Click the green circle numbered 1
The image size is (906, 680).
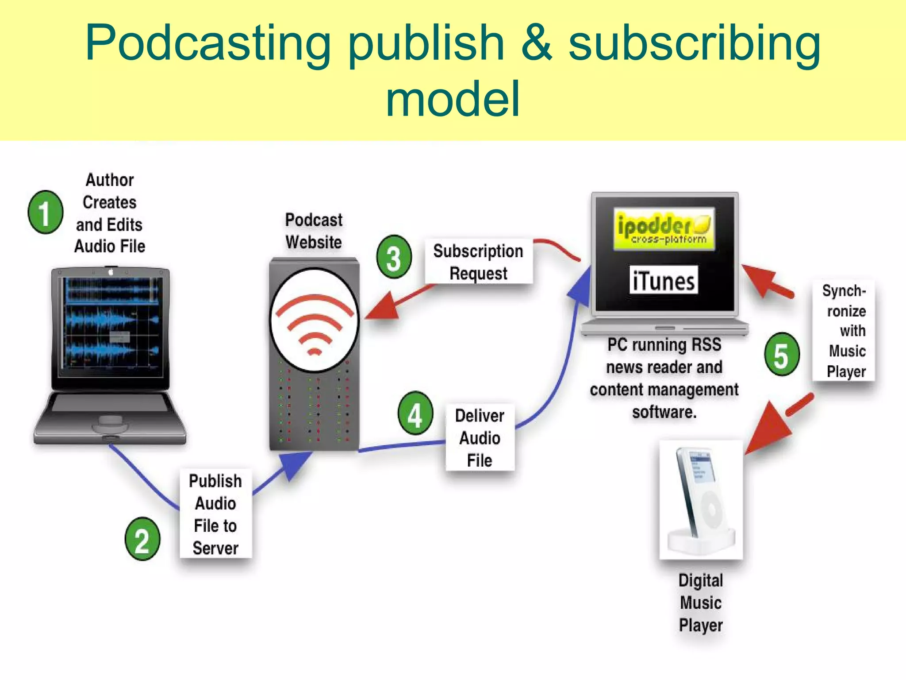[x=45, y=212]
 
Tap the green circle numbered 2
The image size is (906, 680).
[x=142, y=539]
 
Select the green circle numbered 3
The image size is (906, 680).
[x=394, y=257]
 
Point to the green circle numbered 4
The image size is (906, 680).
[x=415, y=413]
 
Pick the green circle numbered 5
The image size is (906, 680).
[x=782, y=355]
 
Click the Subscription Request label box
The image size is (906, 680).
[x=478, y=262]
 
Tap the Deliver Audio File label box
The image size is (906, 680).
[x=480, y=437]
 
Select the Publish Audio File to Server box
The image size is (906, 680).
[x=215, y=514]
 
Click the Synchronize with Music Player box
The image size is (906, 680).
[x=844, y=330]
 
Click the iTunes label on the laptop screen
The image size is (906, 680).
[x=663, y=281]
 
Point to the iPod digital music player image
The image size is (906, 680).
[x=701, y=500]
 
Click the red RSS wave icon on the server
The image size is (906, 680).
[x=315, y=323]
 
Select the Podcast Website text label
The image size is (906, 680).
[x=314, y=231]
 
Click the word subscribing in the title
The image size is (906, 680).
[x=695, y=43]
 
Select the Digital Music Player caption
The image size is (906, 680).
[x=701, y=603]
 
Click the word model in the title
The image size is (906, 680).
[x=453, y=99]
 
